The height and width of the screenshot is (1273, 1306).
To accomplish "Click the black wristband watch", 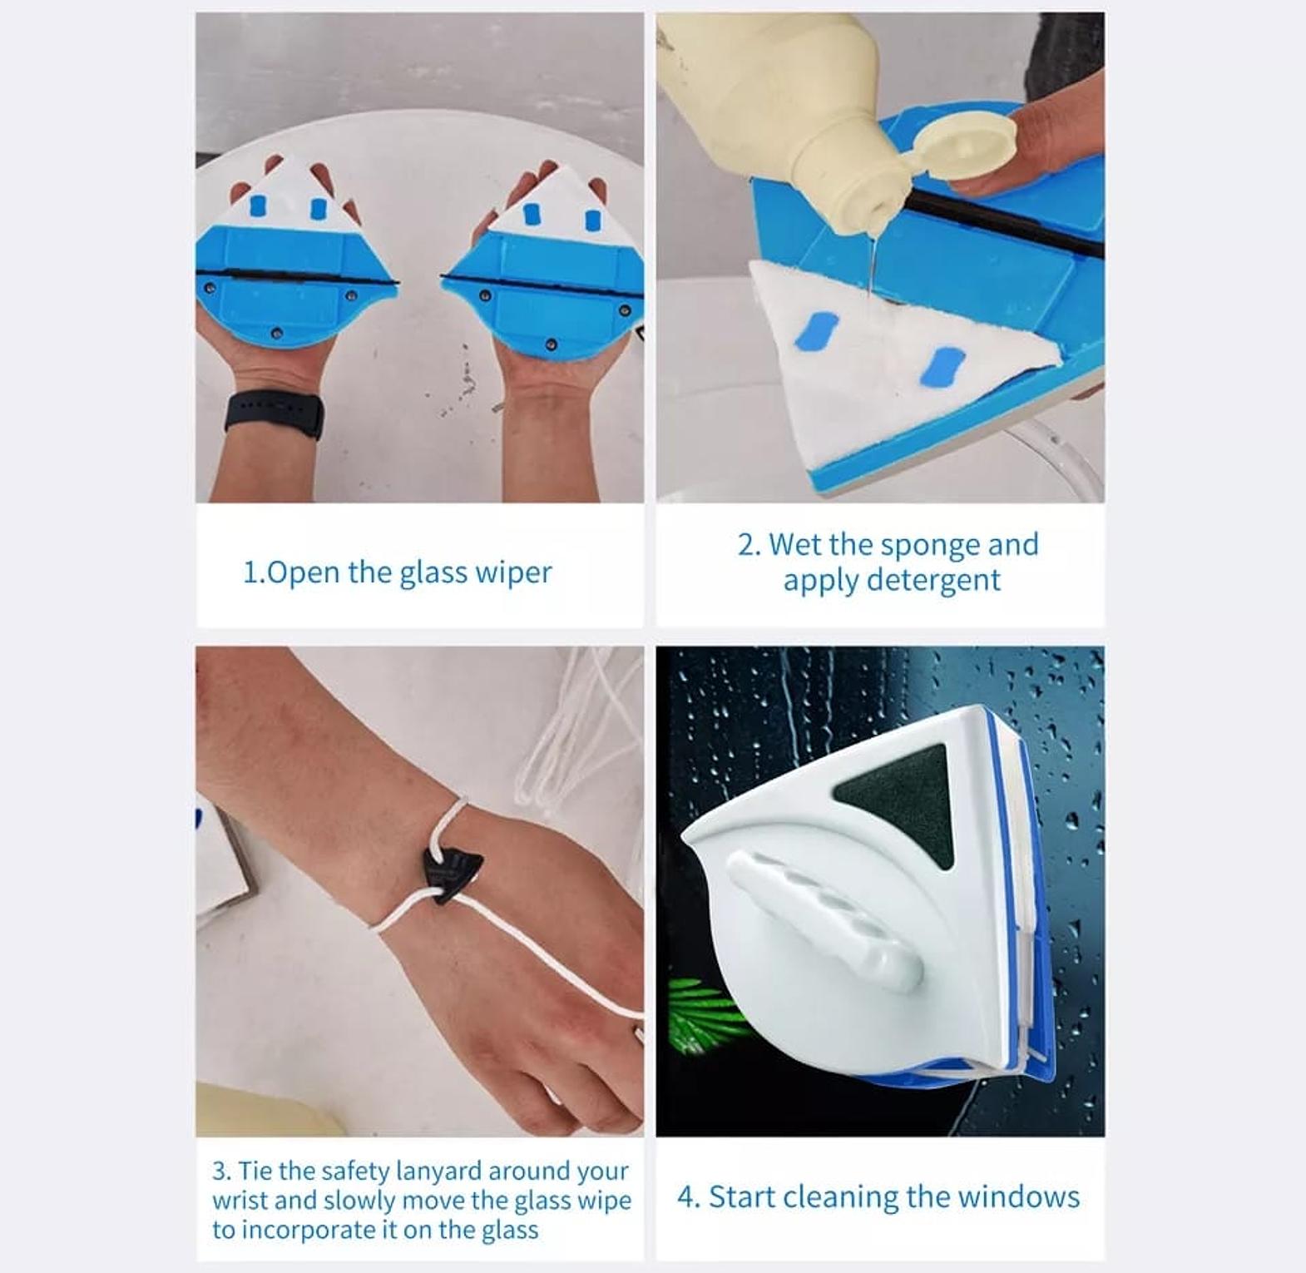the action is (x=275, y=414).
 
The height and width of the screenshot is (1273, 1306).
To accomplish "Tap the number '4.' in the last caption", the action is (x=689, y=1197).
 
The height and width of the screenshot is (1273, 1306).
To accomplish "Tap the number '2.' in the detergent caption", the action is (x=750, y=545).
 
